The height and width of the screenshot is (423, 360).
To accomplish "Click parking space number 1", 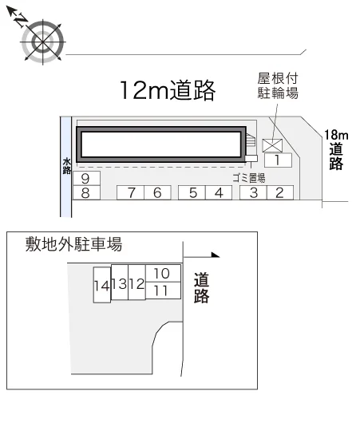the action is [278, 160].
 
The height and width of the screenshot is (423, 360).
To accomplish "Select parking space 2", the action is [280, 192].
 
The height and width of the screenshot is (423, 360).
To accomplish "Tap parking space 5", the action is [192, 192].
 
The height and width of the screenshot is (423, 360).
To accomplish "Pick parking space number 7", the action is [130, 192].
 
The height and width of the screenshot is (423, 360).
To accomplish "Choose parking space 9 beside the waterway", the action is [86, 178].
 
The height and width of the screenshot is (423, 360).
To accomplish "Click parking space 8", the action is [86, 192].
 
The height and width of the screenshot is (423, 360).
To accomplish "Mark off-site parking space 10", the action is [163, 273].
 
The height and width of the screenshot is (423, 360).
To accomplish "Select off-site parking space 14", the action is [102, 285].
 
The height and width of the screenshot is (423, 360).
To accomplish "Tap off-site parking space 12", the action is [136, 283].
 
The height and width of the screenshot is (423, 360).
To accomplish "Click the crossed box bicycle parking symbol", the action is [272, 146].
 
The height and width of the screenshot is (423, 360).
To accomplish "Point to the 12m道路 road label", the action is [168, 90].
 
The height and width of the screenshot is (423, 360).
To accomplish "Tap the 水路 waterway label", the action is [67, 166].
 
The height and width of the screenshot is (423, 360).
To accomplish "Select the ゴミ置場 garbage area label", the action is [249, 178].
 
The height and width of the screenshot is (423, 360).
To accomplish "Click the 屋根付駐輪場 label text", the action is [278, 85].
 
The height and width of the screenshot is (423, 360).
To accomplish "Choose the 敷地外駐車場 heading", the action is [73, 244].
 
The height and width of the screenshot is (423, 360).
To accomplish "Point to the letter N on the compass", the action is [21, 20].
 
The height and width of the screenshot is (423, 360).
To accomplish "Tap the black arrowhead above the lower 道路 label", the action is [215, 255].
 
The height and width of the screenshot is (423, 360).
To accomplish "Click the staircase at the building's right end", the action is [251, 140].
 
